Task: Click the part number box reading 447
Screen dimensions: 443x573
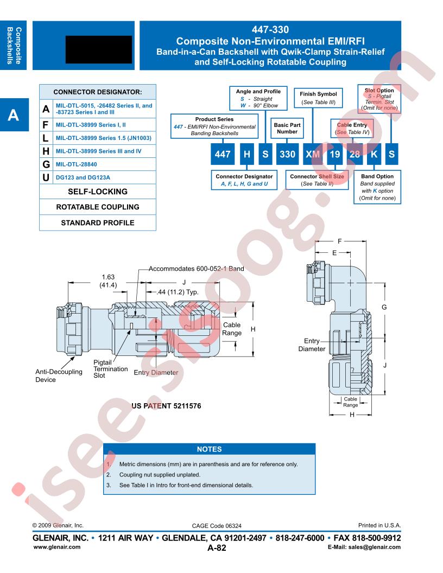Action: pyautogui.click(x=222, y=154)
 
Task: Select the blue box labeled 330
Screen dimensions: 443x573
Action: pyautogui.click(x=287, y=154)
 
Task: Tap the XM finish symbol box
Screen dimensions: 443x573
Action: pyautogui.click(x=313, y=154)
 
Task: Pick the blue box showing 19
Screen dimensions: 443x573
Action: pyautogui.click(x=335, y=154)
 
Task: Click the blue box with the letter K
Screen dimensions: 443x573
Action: pyautogui.click(x=374, y=154)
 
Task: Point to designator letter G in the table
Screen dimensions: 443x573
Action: pyautogui.click(x=46, y=164)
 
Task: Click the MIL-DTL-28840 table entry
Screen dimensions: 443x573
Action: pyautogui.click(x=77, y=164)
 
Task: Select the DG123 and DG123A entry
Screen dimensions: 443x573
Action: pyautogui.click(x=83, y=177)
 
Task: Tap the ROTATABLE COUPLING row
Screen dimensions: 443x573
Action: pyautogui.click(x=98, y=207)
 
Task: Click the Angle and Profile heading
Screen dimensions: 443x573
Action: pyautogui.click(x=258, y=91)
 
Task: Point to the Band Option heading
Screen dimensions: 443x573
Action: pyautogui.click(x=377, y=176)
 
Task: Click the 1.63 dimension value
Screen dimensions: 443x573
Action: pyautogui.click(x=108, y=277)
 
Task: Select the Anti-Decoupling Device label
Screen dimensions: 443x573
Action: pyautogui.click(x=59, y=375)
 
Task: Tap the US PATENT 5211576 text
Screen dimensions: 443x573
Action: pyautogui.click(x=166, y=406)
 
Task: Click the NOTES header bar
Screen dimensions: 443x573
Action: pyautogui.click(x=210, y=449)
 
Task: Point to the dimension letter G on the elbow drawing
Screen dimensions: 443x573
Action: pyautogui.click(x=384, y=307)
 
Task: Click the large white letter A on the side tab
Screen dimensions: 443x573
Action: pyautogui.click(x=13, y=115)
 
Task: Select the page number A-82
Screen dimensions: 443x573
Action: pyautogui.click(x=217, y=547)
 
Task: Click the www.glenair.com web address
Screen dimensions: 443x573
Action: pyautogui.click(x=56, y=547)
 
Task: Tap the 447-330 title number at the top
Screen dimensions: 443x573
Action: pyautogui.click(x=270, y=30)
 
